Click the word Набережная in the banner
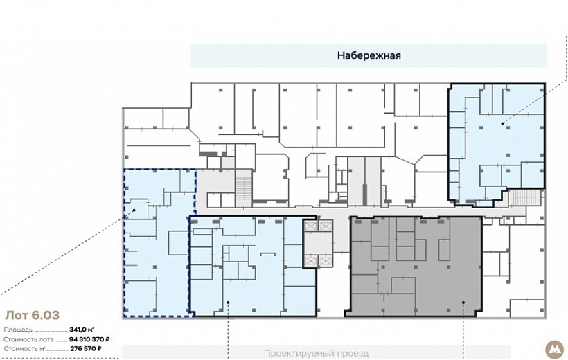[369, 55]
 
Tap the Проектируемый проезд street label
[316, 353]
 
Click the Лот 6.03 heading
[33, 315]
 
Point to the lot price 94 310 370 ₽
[89, 339]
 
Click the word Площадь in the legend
[18, 330]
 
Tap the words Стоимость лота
[28, 340]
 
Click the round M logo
[554, 349]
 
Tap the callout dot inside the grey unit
[463, 302]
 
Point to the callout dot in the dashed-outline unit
[134, 210]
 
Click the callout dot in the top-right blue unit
[502, 123]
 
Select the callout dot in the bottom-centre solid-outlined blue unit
[228, 302]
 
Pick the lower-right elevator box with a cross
[326, 261]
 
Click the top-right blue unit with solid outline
[496, 145]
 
